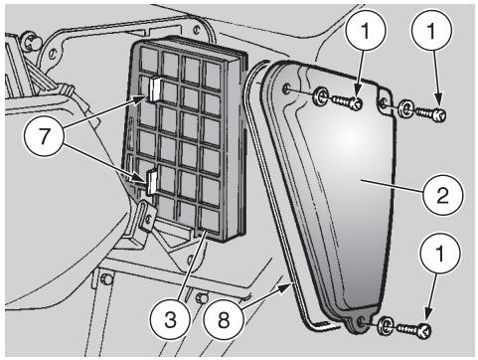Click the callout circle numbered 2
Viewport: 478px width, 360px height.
coord(439,194)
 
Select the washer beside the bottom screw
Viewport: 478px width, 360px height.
coord(389,324)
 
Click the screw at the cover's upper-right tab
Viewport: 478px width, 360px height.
coord(432,113)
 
